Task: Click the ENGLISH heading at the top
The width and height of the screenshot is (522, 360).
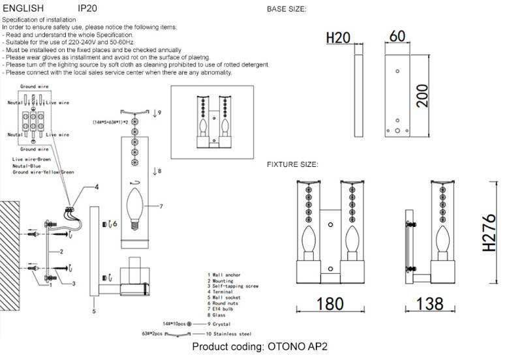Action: (x=23, y=8)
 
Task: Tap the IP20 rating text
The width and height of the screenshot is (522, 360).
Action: (x=88, y=8)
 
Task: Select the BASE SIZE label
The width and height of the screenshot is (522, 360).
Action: (x=287, y=9)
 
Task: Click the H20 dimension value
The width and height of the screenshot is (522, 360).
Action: (x=338, y=38)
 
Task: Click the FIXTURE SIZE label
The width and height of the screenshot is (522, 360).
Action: (x=292, y=164)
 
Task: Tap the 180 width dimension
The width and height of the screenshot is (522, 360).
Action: (x=330, y=305)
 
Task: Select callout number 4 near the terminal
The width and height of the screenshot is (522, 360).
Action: (x=97, y=187)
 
